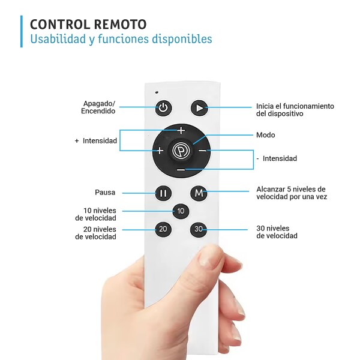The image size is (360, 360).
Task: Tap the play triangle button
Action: coord(199,107)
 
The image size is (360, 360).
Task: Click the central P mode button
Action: coord(181,151)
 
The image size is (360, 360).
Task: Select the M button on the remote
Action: coord(199,193)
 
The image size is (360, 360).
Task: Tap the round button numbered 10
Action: coord(181,211)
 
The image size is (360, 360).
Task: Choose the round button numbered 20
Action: coord(163,229)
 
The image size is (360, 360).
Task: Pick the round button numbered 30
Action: coord(199,229)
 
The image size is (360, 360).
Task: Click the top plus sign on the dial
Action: coord(181,130)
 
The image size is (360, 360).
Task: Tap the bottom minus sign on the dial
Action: coord(181,170)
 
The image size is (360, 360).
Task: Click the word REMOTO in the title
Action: coord(120,25)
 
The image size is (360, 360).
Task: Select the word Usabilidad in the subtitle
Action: coord(58,38)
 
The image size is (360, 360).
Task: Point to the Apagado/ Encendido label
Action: coord(98,107)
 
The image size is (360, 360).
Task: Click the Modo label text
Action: coord(265,135)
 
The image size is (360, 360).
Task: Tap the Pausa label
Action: coord(105,193)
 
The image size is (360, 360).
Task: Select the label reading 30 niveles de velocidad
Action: coord(277,232)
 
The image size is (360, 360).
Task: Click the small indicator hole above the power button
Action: coord(157,92)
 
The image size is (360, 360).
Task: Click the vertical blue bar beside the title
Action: coord(22,31)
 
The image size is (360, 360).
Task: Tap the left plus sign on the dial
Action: coord(160,151)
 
